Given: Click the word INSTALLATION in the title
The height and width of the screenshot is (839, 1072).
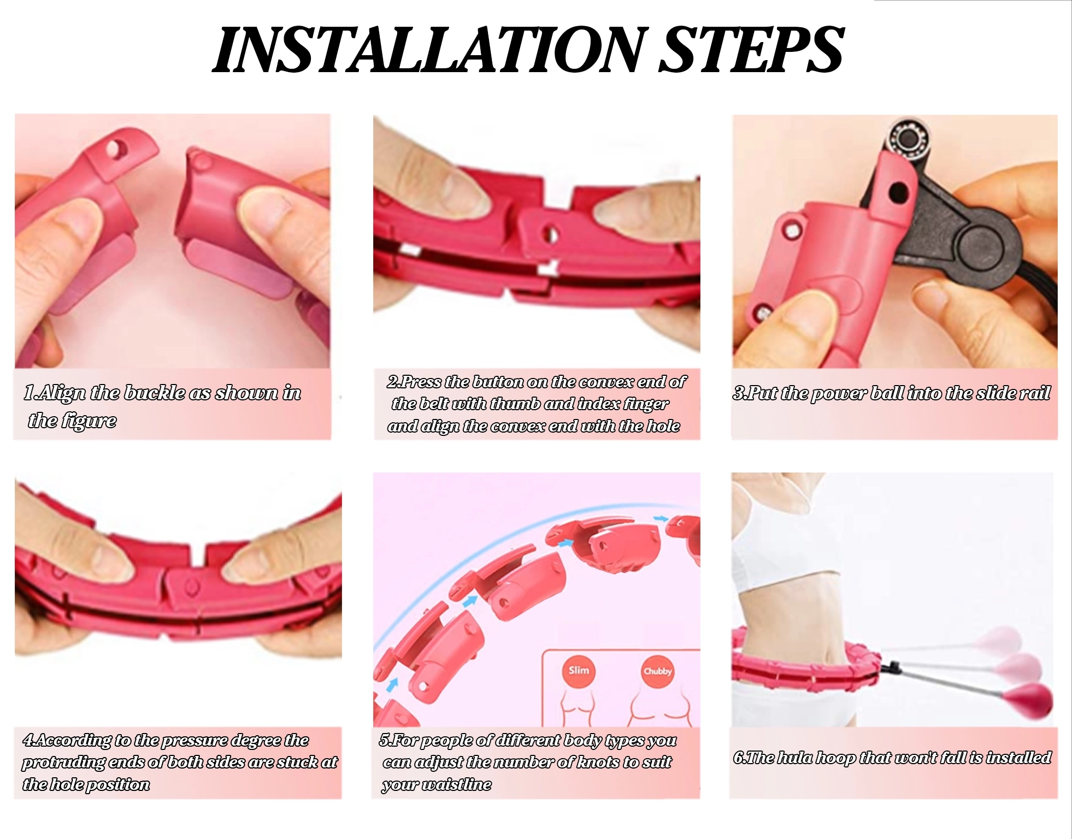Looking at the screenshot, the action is click(429, 50).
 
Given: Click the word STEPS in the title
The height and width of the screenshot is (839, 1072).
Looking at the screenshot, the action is click(752, 50).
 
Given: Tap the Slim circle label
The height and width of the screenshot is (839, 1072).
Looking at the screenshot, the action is click(579, 670).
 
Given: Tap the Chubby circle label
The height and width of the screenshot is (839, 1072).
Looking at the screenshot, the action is click(657, 671).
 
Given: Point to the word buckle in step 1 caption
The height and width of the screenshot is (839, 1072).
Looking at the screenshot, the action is click(155, 393).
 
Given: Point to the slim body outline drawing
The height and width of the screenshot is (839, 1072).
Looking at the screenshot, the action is click(579, 708).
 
